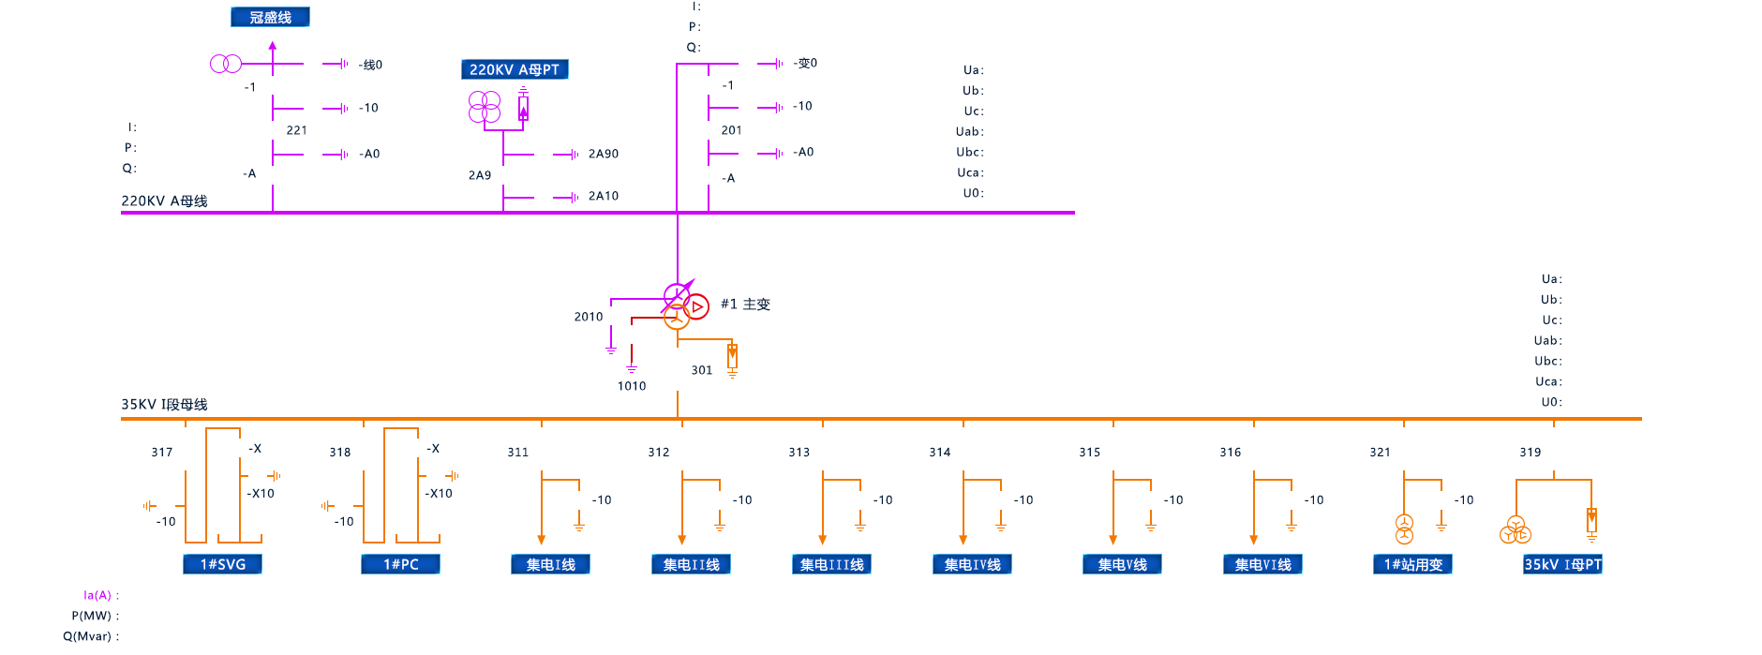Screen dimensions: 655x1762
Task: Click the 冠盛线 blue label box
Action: click(270, 17)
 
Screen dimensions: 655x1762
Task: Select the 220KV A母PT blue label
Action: click(515, 69)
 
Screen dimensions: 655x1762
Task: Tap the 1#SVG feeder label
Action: click(222, 564)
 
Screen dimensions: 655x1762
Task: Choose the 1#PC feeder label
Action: click(400, 564)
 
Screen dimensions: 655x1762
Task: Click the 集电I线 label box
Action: click(550, 564)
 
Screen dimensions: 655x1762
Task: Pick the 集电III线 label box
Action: click(831, 564)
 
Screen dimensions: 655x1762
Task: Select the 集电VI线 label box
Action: click(1262, 564)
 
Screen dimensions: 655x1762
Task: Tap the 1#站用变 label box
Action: click(1412, 564)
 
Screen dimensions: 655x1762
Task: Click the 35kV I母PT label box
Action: click(1562, 564)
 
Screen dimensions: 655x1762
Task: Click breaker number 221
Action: click(296, 130)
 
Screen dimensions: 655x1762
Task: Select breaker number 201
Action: click(731, 130)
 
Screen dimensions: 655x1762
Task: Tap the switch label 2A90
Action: click(603, 154)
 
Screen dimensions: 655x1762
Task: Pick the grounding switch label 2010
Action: click(588, 317)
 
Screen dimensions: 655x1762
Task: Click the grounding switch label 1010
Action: click(631, 386)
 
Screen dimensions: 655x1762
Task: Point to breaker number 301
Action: click(701, 370)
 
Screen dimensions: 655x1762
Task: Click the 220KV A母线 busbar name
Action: click(164, 201)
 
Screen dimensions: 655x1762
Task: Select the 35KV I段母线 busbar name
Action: click(164, 404)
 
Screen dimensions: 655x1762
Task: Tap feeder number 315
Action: click(1089, 452)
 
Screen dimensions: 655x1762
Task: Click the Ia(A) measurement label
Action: click(100, 595)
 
